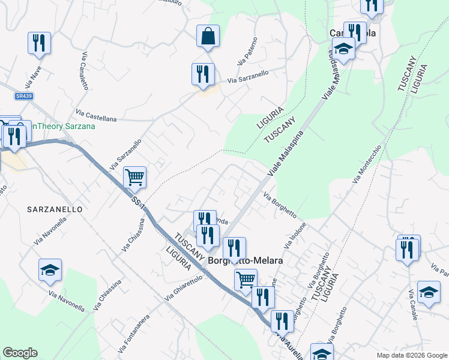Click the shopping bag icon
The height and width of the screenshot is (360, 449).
click(207, 35)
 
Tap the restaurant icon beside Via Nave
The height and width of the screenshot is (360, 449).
click(39, 43)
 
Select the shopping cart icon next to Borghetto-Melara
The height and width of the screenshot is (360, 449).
click(246, 280)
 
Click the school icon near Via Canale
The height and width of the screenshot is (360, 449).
click(428, 292)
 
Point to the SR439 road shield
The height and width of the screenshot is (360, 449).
click(24, 96)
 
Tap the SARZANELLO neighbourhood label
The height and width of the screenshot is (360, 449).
click(54, 209)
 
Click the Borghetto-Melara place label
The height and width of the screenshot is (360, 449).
click(245, 262)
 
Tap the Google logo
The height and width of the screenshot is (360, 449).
click(20, 353)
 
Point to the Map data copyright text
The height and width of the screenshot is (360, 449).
click(412, 355)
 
